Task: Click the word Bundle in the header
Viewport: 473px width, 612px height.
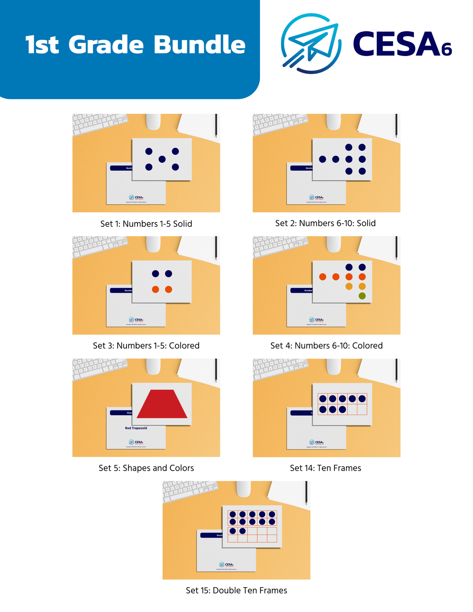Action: tap(199, 44)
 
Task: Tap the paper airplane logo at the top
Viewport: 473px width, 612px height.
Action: tap(311, 44)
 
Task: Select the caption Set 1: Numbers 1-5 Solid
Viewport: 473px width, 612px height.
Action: tap(146, 224)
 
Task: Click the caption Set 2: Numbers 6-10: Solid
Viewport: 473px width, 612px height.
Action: tap(325, 223)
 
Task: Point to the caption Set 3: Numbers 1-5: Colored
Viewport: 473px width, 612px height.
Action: tap(146, 345)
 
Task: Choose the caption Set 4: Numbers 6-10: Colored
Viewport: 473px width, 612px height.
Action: tap(326, 345)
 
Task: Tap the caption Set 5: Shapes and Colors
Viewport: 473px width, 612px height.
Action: tap(146, 468)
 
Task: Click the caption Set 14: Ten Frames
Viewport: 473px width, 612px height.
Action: tap(325, 468)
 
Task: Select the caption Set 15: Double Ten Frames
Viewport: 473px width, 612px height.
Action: tap(236, 590)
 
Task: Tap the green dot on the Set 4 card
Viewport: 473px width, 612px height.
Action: tap(362, 296)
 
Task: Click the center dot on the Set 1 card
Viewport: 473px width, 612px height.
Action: tap(162, 159)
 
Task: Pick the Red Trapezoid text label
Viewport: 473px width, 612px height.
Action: tap(136, 428)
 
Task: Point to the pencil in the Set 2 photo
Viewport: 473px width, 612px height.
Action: tap(396, 125)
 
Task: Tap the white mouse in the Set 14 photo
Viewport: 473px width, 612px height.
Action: tap(334, 366)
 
